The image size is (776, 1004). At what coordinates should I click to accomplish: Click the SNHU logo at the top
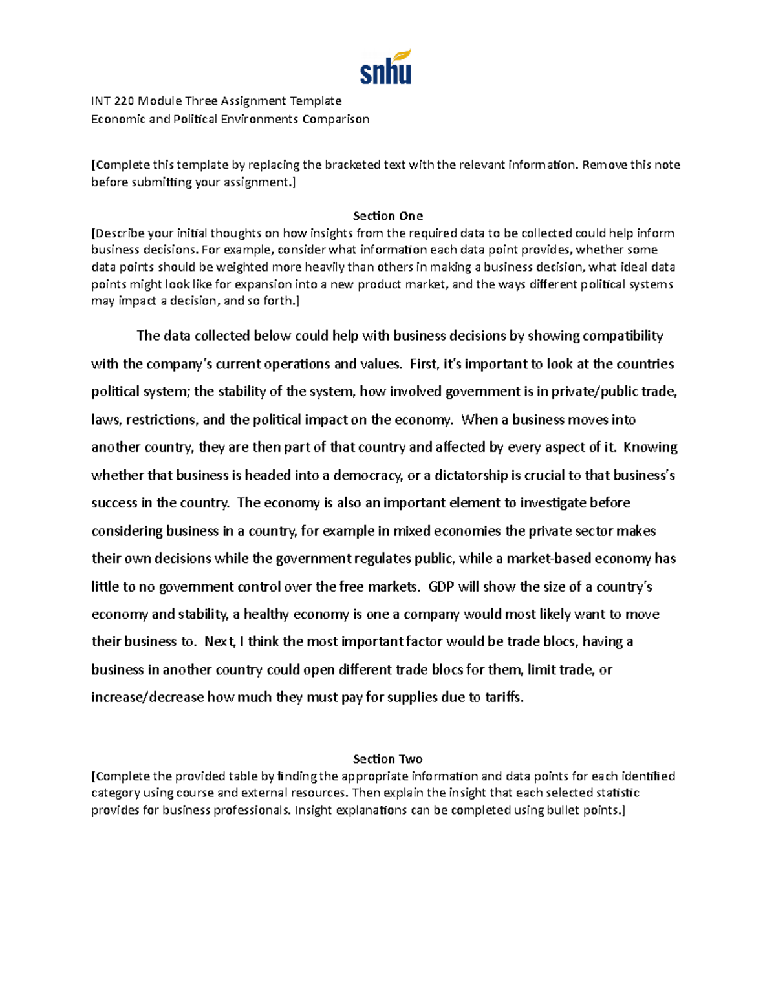point(386,68)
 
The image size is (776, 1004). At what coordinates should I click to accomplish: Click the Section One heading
point(387,216)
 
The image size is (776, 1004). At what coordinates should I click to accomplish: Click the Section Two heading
point(387,759)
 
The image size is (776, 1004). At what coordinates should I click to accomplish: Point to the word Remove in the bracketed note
point(605,165)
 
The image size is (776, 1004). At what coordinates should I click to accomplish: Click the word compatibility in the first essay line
point(623,336)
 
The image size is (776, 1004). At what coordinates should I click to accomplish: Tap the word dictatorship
point(467,476)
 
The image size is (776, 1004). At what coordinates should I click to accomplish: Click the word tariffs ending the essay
point(503,698)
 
